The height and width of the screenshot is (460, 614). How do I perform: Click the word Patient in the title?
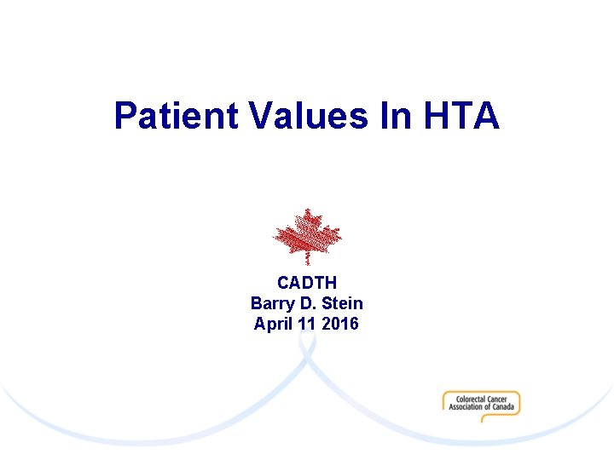click(x=176, y=116)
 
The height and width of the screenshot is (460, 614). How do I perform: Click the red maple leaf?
click(x=306, y=233)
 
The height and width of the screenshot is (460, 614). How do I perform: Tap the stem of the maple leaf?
click(x=307, y=259)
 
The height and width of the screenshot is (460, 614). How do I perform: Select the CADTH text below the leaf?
click(x=307, y=283)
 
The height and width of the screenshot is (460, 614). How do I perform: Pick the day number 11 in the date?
click(x=310, y=324)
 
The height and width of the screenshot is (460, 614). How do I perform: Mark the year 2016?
click(x=341, y=324)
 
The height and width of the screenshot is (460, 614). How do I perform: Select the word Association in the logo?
click(x=466, y=406)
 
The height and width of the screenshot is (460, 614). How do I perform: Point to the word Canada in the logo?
click(x=504, y=406)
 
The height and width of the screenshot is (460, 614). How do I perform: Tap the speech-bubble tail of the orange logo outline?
click(x=484, y=419)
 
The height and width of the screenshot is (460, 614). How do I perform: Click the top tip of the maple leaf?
click(x=306, y=210)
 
